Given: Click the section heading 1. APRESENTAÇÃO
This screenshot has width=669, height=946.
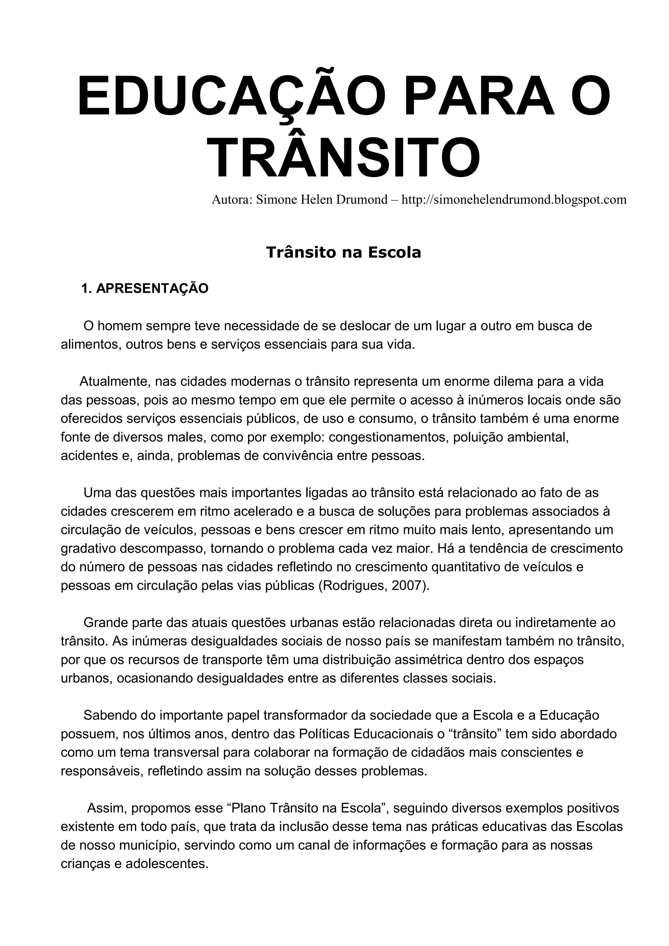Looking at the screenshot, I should tap(145, 289).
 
